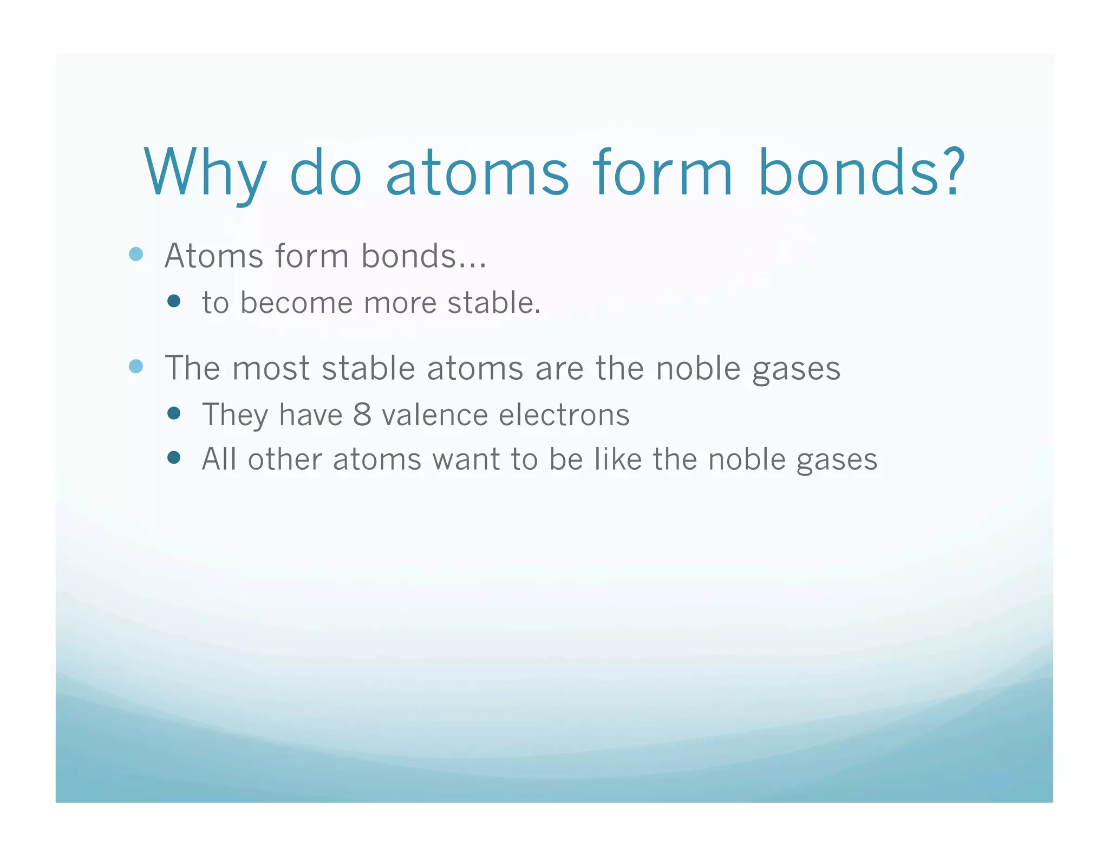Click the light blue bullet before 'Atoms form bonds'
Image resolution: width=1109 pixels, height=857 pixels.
pos(136,254)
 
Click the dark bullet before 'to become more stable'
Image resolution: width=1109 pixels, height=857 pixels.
pos(174,301)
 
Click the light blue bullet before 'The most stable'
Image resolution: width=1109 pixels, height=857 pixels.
pos(136,367)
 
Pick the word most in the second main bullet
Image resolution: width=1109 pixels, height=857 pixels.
pos(271,368)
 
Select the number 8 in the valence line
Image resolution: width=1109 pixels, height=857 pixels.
pos(362,415)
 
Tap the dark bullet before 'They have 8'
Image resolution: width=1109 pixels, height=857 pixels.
pos(174,414)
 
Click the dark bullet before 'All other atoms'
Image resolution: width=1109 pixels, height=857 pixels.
pos(174,458)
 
